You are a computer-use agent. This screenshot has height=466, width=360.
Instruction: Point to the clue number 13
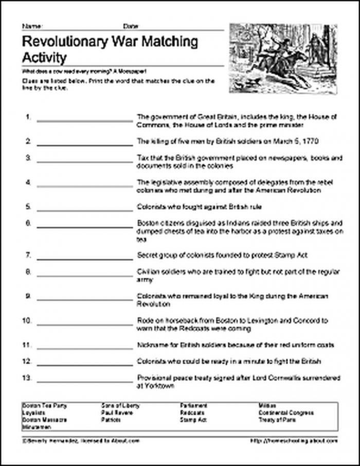click(27, 378)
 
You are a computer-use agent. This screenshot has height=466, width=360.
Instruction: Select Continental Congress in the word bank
click(286, 413)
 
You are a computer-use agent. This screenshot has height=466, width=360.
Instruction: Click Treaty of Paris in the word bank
click(278, 420)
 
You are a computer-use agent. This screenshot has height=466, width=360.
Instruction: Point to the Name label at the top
click(29, 25)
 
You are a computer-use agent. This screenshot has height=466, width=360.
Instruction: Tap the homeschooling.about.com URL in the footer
click(294, 441)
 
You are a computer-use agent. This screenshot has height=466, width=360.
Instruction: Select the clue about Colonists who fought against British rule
click(200, 207)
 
